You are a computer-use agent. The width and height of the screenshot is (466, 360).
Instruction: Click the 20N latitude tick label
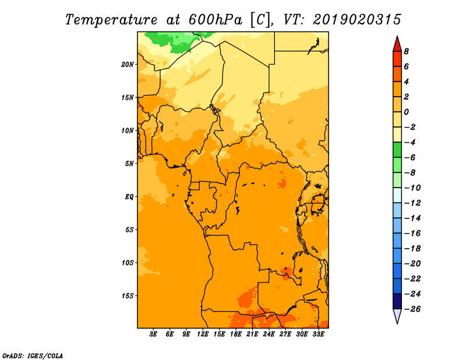(x=128, y=65)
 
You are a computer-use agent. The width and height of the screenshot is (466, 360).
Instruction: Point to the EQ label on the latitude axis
(x=129, y=197)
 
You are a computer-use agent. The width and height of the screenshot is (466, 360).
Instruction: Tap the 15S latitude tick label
(x=128, y=296)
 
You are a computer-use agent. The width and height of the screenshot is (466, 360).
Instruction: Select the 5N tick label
(x=129, y=164)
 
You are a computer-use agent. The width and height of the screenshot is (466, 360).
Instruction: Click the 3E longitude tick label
(x=153, y=334)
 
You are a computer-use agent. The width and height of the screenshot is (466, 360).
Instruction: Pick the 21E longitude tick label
(x=252, y=334)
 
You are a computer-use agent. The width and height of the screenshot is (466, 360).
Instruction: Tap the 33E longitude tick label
(x=318, y=334)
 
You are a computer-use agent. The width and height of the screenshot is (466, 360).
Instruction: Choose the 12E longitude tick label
(x=203, y=334)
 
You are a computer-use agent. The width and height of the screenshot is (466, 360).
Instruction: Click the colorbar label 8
(x=406, y=51)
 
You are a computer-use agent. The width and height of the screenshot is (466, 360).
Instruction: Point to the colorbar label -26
(x=412, y=309)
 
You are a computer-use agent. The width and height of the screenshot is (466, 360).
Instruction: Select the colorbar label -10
(x=412, y=188)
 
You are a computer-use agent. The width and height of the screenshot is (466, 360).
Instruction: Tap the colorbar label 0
(x=406, y=112)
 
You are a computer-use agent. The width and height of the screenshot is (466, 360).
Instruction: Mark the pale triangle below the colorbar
(x=397, y=315)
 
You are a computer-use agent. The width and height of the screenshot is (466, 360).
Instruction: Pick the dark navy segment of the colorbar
(x=397, y=301)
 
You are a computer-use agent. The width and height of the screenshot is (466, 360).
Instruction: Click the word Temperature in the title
(x=111, y=20)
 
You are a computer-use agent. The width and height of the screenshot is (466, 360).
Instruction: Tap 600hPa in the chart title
(x=215, y=20)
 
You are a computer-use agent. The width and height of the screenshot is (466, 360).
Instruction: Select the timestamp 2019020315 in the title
(x=357, y=20)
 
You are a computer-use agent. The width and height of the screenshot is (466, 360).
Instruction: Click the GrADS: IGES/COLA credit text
(x=33, y=356)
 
